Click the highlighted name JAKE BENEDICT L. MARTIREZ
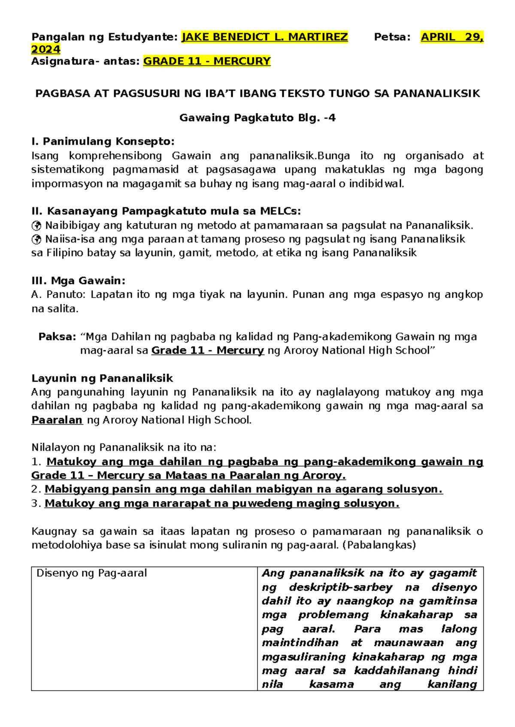pos(265,37)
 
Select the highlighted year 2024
pos(45,49)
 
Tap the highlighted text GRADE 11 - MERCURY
pos(206,61)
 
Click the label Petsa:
pos(392,37)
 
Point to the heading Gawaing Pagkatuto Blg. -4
pos(257,118)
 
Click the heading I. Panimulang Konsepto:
pos(103,141)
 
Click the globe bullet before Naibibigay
pos(36,225)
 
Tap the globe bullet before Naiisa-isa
pos(36,239)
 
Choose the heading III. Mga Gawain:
pos(79,281)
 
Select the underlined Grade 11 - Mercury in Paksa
pos(207,351)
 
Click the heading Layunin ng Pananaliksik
pos(102,379)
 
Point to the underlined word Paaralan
pos(57,420)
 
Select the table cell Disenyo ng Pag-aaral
pos(91,574)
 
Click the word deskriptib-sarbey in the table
pos(341,587)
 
